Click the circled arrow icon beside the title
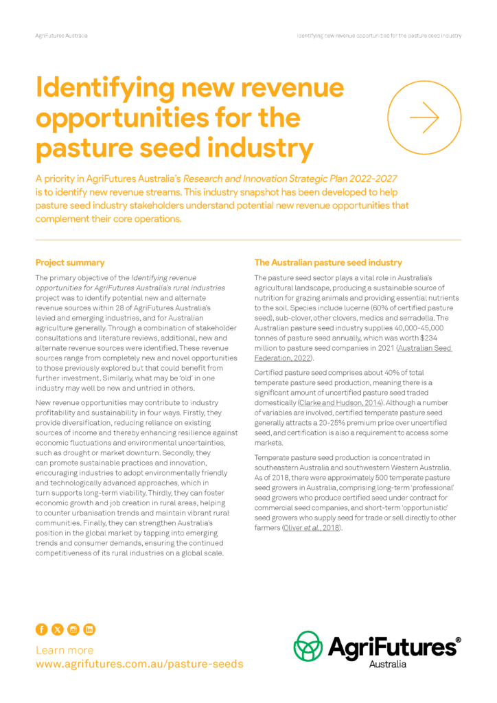click(x=424, y=117)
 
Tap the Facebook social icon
click(x=41, y=630)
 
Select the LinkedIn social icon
click(x=89, y=630)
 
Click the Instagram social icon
click(x=73, y=630)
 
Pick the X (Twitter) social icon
click(x=57, y=630)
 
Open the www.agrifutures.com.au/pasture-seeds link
click(x=139, y=665)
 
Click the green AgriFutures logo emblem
click(x=308, y=646)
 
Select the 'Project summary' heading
click(x=70, y=262)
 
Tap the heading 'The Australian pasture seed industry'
click(x=328, y=262)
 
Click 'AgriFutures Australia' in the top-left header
click(x=61, y=35)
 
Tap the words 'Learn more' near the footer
click(x=65, y=650)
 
